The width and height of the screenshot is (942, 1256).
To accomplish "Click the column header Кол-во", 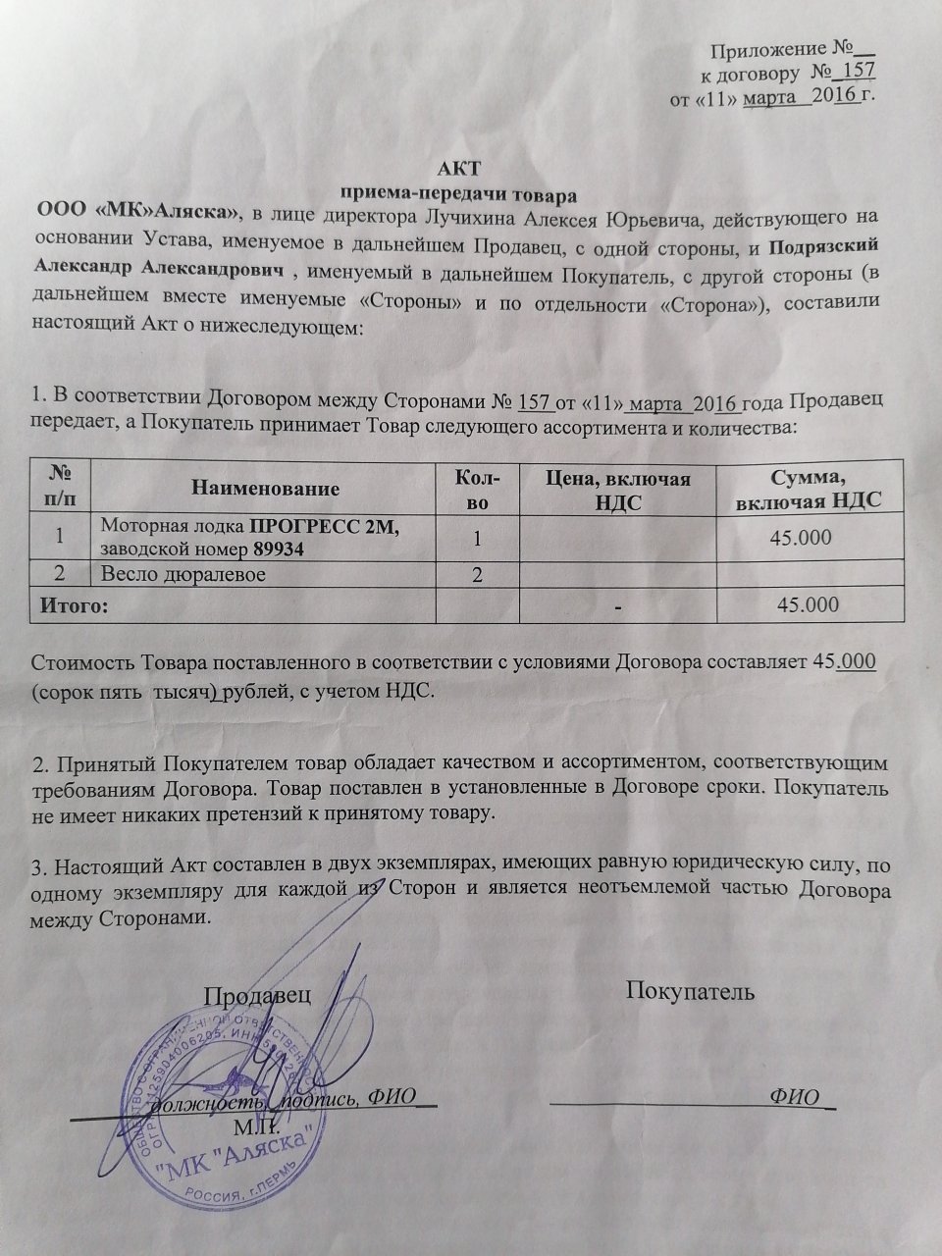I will pos(477,488).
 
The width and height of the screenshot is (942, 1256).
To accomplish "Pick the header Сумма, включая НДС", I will pos(809,488).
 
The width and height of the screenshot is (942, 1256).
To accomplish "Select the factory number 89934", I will pos(277,550).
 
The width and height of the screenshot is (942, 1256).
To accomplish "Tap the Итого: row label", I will pos(70,604).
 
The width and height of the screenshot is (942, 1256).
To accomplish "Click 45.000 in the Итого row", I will pos(807,604).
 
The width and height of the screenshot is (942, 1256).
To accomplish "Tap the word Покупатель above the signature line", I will pos(690,990).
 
